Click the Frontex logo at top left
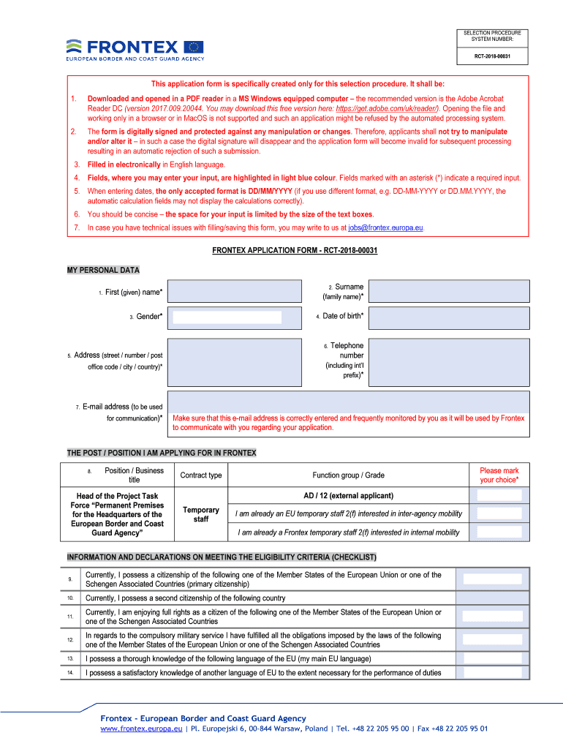(x=135, y=49)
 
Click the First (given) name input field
(x=234, y=291)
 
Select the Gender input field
(x=227, y=317)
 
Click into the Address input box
(x=234, y=361)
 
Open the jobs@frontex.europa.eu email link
(x=385, y=227)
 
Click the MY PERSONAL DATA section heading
(x=103, y=270)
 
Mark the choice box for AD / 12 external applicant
(x=499, y=495)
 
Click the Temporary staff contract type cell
(x=201, y=514)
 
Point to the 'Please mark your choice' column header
(x=499, y=475)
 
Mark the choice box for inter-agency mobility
(x=499, y=513)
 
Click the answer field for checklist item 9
(x=493, y=579)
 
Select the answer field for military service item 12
(x=493, y=639)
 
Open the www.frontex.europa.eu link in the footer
(x=141, y=729)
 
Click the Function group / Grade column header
(x=348, y=475)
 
